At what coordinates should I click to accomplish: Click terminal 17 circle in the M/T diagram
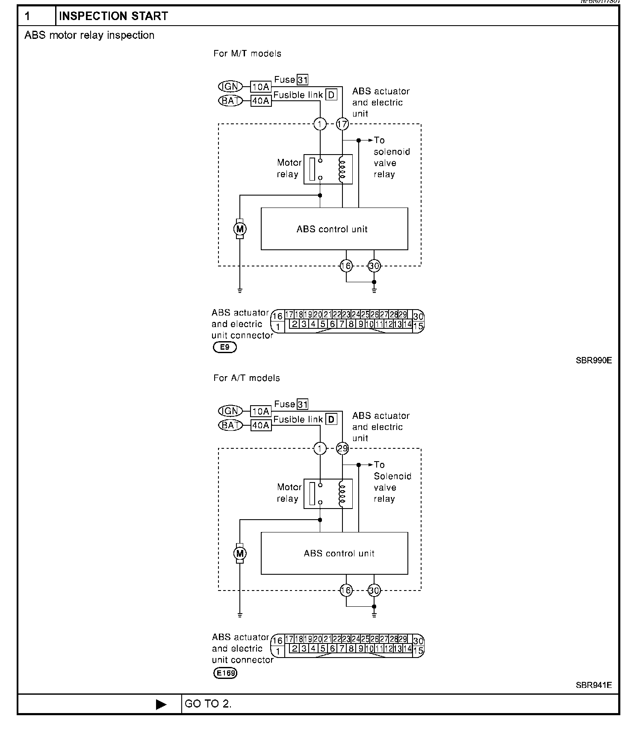click(342, 124)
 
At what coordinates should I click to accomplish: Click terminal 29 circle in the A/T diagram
click(342, 449)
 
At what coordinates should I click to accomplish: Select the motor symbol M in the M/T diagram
click(240, 229)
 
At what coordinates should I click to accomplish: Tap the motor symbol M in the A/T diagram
click(240, 554)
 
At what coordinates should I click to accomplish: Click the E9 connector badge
click(224, 347)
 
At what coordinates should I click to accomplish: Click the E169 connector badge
click(225, 673)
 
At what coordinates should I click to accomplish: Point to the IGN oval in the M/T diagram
click(230, 87)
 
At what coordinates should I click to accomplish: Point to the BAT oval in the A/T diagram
click(230, 425)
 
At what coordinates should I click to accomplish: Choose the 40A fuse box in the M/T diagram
click(261, 101)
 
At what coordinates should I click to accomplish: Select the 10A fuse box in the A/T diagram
click(261, 412)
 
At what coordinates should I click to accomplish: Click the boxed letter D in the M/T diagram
click(331, 95)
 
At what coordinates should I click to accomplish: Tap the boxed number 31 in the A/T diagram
click(303, 404)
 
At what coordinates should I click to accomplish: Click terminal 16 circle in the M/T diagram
click(346, 266)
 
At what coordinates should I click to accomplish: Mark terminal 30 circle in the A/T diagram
click(374, 591)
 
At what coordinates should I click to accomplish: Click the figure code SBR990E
click(593, 360)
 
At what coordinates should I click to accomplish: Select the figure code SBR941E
click(593, 685)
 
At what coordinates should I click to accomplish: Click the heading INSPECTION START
click(113, 16)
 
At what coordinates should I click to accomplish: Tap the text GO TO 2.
click(208, 704)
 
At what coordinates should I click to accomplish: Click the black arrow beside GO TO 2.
click(161, 705)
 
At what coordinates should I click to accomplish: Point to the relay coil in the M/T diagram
click(342, 170)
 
